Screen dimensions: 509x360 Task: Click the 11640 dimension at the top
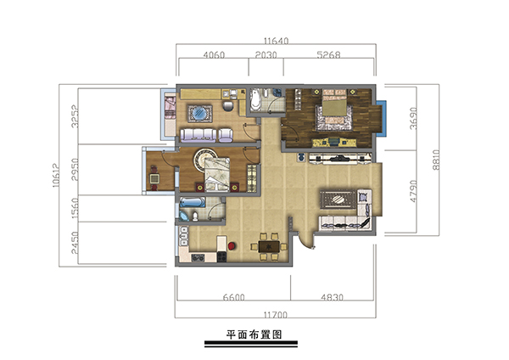(x=276, y=41)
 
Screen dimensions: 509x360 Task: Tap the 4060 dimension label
(x=214, y=54)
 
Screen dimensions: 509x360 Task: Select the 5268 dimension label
(x=328, y=54)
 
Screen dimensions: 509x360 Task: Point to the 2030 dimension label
(x=266, y=54)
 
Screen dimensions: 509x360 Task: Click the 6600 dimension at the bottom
(x=234, y=297)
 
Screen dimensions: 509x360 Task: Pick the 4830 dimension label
(x=332, y=297)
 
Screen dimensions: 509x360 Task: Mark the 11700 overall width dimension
(x=275, y=315)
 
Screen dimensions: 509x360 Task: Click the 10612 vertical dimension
(x=56, y=175)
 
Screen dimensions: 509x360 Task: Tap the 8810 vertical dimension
(x=436, y=160)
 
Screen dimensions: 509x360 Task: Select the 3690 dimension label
(x=413, y=119)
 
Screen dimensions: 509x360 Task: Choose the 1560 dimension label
(x=75, y=208)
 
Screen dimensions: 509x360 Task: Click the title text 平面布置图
(x=254, y=335)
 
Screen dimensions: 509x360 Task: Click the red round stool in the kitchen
(x=232, y=246)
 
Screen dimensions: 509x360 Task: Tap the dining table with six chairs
(x=269, y=246)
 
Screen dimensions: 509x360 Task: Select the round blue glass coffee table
(x=199, y=114)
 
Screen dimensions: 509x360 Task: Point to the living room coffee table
(x=338, y=200)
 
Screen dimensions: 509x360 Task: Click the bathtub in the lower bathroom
(x=193, y=202)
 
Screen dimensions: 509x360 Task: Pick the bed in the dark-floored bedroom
(x=334, y=110)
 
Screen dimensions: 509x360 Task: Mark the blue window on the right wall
(x=384, y=119)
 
